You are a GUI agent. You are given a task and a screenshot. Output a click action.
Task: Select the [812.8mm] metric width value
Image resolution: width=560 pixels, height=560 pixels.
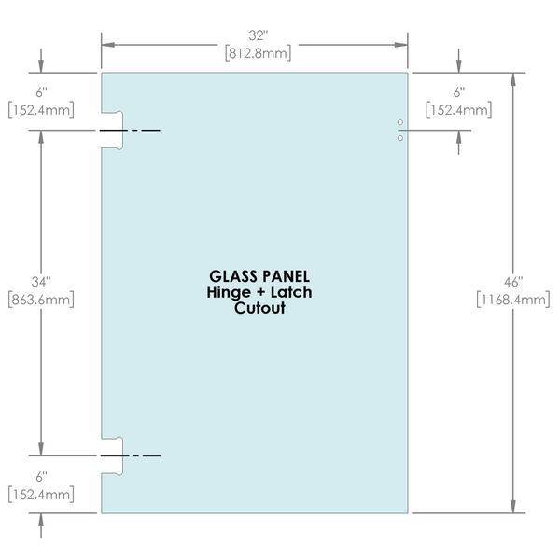(254, 53)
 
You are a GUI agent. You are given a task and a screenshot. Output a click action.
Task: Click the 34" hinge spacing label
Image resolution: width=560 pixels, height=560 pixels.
(40, 281)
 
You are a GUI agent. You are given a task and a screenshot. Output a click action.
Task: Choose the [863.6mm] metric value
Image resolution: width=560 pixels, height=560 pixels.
(40, 300)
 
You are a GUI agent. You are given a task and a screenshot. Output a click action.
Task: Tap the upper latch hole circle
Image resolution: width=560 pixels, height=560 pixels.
(400, 123)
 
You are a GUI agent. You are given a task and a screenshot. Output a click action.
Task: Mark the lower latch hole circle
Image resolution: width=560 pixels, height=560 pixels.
(400, 138)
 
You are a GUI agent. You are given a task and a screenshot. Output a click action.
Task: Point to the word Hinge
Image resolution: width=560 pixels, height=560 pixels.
(227, 293)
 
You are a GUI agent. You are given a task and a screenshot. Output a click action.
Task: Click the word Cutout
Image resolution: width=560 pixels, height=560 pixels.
(259, 309)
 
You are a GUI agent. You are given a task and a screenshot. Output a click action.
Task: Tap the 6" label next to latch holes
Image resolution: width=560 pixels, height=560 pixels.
(458, 93)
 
